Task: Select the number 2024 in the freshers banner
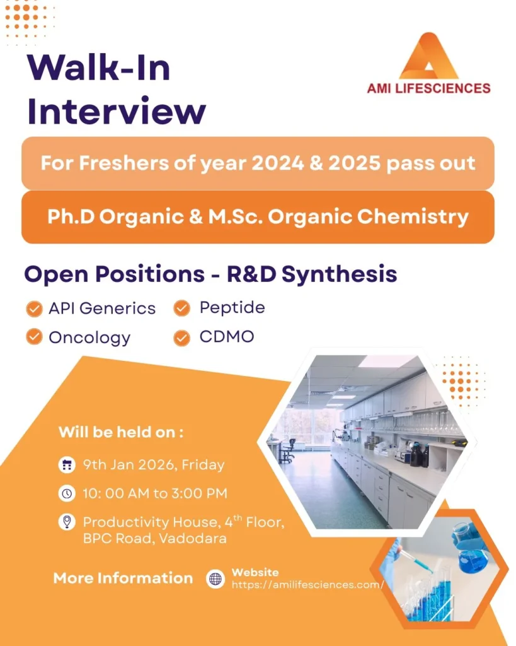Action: pyautogui.click(x=278, y=163)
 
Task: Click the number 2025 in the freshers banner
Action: pyautogui.click(x=354, y=163)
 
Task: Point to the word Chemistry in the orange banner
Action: pyautogui.click(x=413, y=217)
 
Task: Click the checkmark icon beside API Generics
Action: pyautogui.click(x=34, y=308)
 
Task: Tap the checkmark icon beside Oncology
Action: pyautogui.click(x=34, y=337)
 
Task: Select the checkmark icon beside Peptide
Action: pyautogui.click(x=181, y=308)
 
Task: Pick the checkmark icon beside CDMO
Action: pyautogui.click(x=181, y=338)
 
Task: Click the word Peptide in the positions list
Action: pyautogui.click(x=232, y=308)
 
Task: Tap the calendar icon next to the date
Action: pyautogui.click(x=67, y=465)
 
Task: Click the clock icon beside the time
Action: pyautogui.click(x=67, y=493)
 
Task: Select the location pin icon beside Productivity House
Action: pyautogui.click(x=67, y=522)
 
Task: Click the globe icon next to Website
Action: pyautogui.click(x=215, y=579)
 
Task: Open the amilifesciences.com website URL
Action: pyautogui.click(x=308, y=585)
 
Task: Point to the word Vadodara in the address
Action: pyautogui.click(x=193, y=539)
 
